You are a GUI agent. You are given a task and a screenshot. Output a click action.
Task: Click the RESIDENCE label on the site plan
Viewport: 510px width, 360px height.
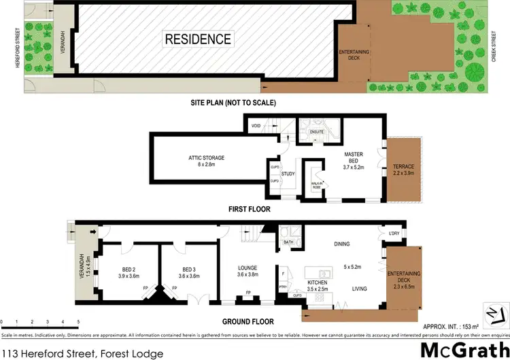199,39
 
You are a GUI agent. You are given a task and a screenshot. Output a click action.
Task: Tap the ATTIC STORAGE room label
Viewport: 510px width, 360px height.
207,158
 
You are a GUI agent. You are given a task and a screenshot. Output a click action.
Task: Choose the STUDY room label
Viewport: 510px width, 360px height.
288,174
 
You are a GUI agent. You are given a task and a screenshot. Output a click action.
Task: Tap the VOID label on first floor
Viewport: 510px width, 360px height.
256,127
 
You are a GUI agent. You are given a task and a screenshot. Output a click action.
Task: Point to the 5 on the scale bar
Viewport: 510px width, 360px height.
78,321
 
